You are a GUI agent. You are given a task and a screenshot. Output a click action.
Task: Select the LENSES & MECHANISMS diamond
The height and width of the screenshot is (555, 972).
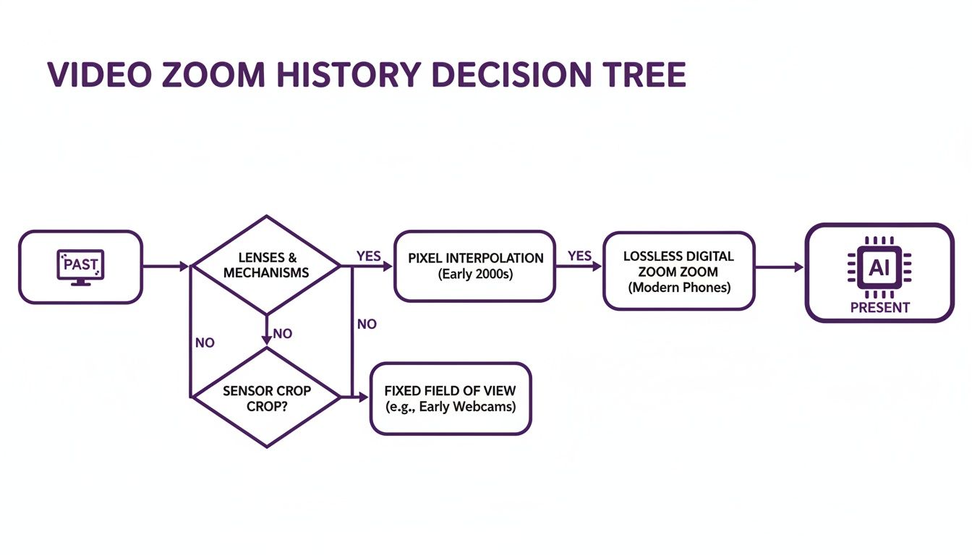(266, 265)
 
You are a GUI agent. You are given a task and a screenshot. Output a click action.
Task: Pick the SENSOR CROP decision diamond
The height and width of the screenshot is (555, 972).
(266, 397)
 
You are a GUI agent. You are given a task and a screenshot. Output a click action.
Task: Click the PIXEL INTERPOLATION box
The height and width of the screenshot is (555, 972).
(475, 266)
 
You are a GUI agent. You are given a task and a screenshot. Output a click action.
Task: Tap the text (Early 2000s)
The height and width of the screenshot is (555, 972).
(475, 275)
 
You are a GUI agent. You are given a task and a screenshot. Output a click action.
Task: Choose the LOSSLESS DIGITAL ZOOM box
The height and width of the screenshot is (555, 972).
(678, 271)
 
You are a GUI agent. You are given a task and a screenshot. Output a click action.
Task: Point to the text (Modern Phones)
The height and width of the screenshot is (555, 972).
(678, 288)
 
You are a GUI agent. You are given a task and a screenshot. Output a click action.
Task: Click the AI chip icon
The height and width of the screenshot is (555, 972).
(879, 267)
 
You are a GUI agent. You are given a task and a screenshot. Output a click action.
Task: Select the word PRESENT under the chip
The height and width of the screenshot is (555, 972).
(879, 308)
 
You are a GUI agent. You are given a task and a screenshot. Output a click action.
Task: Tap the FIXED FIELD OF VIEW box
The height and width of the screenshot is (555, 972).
(450, 398)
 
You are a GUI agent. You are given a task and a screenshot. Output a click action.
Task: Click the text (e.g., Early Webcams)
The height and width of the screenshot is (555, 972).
(450, 407)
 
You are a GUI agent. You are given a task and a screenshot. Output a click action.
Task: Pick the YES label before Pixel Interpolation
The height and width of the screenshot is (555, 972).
(369, 257)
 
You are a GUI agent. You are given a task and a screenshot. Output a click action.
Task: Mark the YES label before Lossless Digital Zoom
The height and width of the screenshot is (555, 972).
(579, 256)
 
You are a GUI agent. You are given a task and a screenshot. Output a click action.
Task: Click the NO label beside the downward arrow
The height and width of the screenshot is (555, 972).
(283, 334)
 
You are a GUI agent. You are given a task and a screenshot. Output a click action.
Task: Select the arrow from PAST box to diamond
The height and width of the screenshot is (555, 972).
(165, 267)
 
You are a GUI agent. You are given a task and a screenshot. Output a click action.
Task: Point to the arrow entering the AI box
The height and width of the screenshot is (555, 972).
(780, 267)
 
